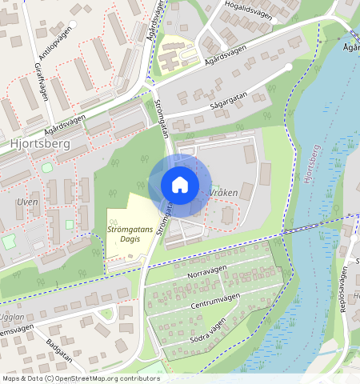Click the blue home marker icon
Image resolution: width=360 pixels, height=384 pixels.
click(x=180, y=185)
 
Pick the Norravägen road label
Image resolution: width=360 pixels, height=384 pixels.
click(x=207, y=274)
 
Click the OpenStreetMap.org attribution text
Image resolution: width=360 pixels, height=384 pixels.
click(x=109, y=378)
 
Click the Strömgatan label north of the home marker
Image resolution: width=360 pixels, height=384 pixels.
click(x=161, y=117)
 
